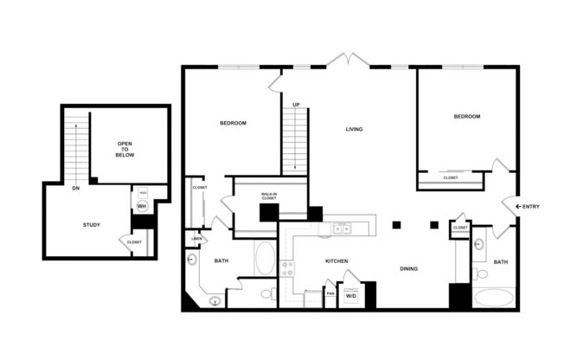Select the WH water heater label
[x=141, y=207]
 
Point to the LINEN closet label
[x=197, y=239]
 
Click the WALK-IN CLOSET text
[x=269, y=198]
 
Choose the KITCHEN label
[x=336, y=260]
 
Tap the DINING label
[x=408, y=268]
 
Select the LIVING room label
[x=354, y=130]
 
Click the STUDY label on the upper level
[x=91, y=225]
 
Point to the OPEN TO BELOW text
[x=125, y=150]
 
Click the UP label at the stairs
[x=296, y=105]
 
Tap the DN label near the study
[x=76, y=188]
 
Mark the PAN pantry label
[x=330, y=293]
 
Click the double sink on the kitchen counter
[x=342, y=229]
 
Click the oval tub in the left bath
[x=265, y=257]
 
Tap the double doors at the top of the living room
[x=349, y=61]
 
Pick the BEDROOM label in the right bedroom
[x=466, y=116]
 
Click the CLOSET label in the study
[x=134, y=242]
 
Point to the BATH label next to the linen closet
[x=221, y=260]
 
